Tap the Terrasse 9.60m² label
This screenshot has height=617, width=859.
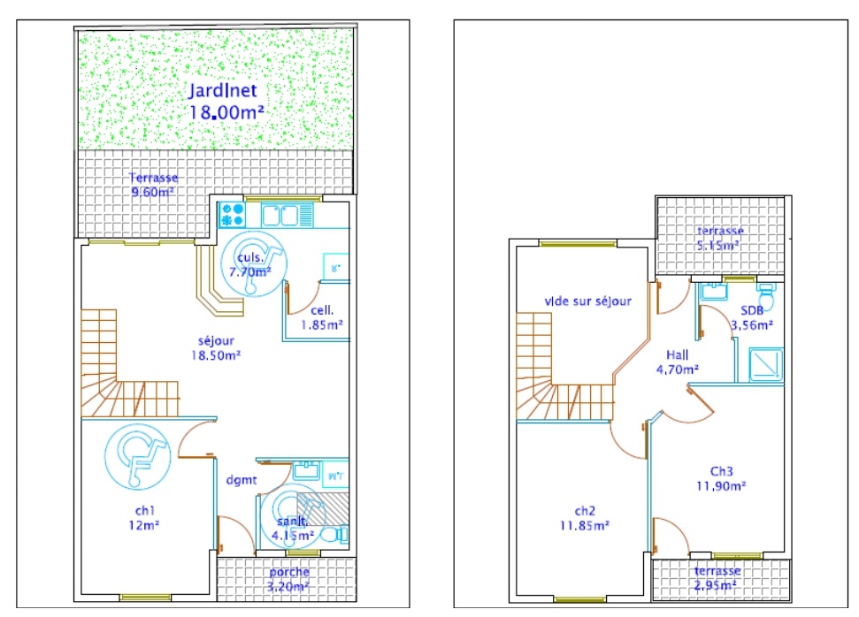(x=152, y=184)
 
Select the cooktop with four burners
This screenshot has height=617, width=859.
(x=232, y=214)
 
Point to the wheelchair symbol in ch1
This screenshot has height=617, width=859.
(x=135, y=456)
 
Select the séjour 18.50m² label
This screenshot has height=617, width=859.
(x=216, y=347)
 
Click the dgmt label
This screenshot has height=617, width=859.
(x=241, y=481)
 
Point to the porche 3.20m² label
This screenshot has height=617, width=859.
(x=288, y=578)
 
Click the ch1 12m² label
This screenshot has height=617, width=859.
(x=142, y=517)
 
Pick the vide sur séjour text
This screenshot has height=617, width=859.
(x=587, y=301)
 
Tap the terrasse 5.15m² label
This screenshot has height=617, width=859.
(x=719, y=238)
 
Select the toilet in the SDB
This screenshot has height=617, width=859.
(x=766, y=298)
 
